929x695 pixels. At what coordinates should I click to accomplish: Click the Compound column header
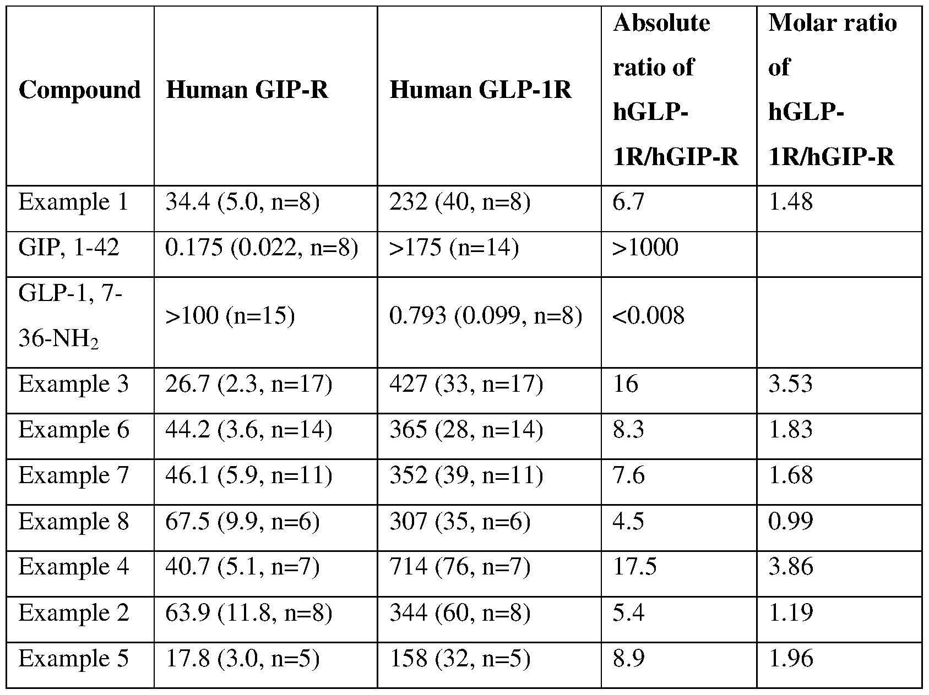click(79, 90)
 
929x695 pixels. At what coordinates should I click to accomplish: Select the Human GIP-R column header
click(247, 90)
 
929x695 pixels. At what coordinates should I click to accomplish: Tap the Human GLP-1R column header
click(480, 90)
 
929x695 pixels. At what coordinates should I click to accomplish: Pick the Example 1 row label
click(73, 202)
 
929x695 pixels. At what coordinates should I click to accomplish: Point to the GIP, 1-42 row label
click(69, 248)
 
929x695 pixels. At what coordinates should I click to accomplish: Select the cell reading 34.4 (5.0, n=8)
click(242, 202)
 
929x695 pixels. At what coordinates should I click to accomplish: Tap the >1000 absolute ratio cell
click(645, 248)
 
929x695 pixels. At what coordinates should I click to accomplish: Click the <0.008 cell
click(649, 316)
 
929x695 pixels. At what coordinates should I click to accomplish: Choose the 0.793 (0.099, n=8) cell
click(486, 316)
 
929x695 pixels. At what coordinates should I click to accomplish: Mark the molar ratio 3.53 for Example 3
click(790, 384)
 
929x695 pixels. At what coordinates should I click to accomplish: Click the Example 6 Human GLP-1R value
click(466, 430)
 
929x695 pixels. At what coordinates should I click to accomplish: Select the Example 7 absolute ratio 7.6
click(628, 475)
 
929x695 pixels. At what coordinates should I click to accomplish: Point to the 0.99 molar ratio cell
click(790, 521)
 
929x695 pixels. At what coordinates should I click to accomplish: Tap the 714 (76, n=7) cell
click(460, 567)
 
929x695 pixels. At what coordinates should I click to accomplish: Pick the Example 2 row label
click(73, 612)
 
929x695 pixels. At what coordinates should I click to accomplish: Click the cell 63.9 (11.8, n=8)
click(249, 612)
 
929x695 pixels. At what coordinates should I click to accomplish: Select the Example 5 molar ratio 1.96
click(790, 658)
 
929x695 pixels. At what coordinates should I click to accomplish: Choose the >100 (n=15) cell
click(230, 316)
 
